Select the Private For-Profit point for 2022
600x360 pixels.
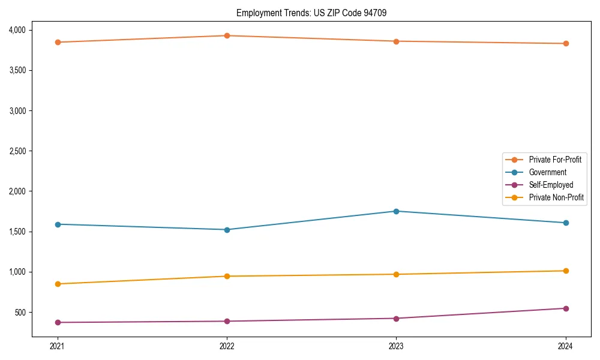(227, 35)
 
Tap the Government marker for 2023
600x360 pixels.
(396, 211)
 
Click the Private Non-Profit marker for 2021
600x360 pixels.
(58, 284)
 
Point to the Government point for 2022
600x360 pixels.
(227, 230)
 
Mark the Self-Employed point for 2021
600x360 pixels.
(58, 322)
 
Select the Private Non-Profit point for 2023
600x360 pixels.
(396, 274)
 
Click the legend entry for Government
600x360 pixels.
(547, 172)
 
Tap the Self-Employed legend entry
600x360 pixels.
(551, 185)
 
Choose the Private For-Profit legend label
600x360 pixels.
(555, 160)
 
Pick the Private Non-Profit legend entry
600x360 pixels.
(556, 197)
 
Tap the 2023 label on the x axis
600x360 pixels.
(396, 346)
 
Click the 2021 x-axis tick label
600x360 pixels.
(58, 346)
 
